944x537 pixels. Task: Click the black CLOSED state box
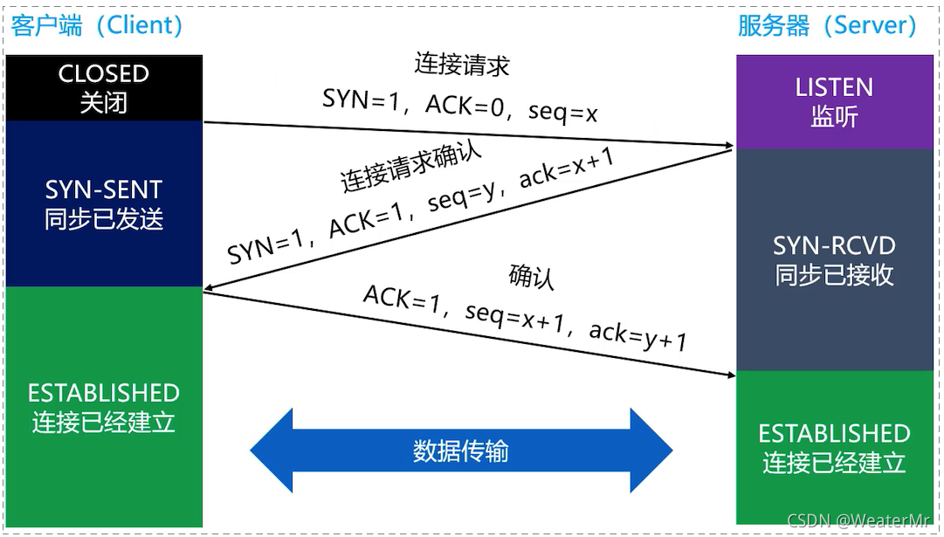point(104,87)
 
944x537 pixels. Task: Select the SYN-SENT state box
point(104,203)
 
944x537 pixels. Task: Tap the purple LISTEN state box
point(834,101)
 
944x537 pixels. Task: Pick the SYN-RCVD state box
point(834,260)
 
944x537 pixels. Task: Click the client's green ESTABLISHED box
point(104,407)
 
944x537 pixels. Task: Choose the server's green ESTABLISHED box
point(834,447)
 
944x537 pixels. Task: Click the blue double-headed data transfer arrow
point(461,451)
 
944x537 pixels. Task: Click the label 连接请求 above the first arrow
point(461,66)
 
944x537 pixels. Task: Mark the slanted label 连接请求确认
point(410,164)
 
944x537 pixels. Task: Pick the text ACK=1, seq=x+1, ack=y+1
point(525,314)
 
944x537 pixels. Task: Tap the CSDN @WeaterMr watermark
point(861,520)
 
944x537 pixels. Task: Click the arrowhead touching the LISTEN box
point(728,145)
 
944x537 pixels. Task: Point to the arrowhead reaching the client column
point(210,292)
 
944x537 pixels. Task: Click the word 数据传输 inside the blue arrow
point(461,451)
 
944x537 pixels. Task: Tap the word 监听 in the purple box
point(834,116)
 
